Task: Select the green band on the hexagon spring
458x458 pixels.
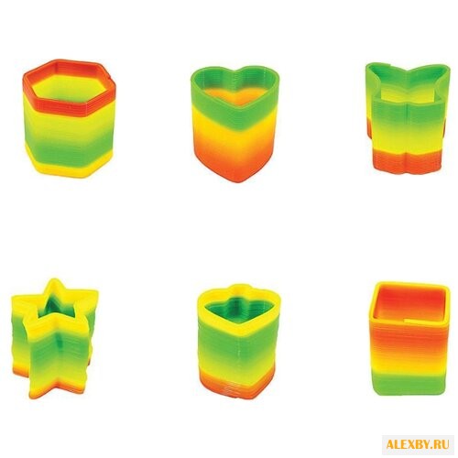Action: click(68, 146)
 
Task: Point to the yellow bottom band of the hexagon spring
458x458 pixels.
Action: click(68, 169)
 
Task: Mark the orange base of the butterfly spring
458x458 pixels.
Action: click(408, 161)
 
